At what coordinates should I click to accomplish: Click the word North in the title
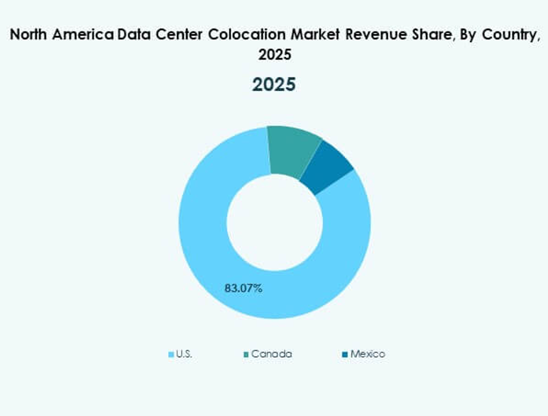pos(30,36)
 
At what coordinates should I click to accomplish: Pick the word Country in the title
pos(509,36)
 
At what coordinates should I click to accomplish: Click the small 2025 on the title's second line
pos(274,55)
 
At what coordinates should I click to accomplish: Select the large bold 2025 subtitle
pos(274,84)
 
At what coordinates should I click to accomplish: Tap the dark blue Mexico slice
pos(328,170)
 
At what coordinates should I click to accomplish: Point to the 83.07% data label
pos(243,288)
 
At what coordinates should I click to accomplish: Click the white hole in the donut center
pos(274,223)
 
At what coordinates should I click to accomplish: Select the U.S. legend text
pos(184,354)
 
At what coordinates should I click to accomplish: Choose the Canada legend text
pos(272,354)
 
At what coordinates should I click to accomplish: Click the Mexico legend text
pos(367,354)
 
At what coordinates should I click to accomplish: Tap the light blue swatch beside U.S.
pos(171,355)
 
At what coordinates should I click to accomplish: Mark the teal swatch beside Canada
pos(246,355)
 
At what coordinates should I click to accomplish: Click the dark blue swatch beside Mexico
pos(344,355)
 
